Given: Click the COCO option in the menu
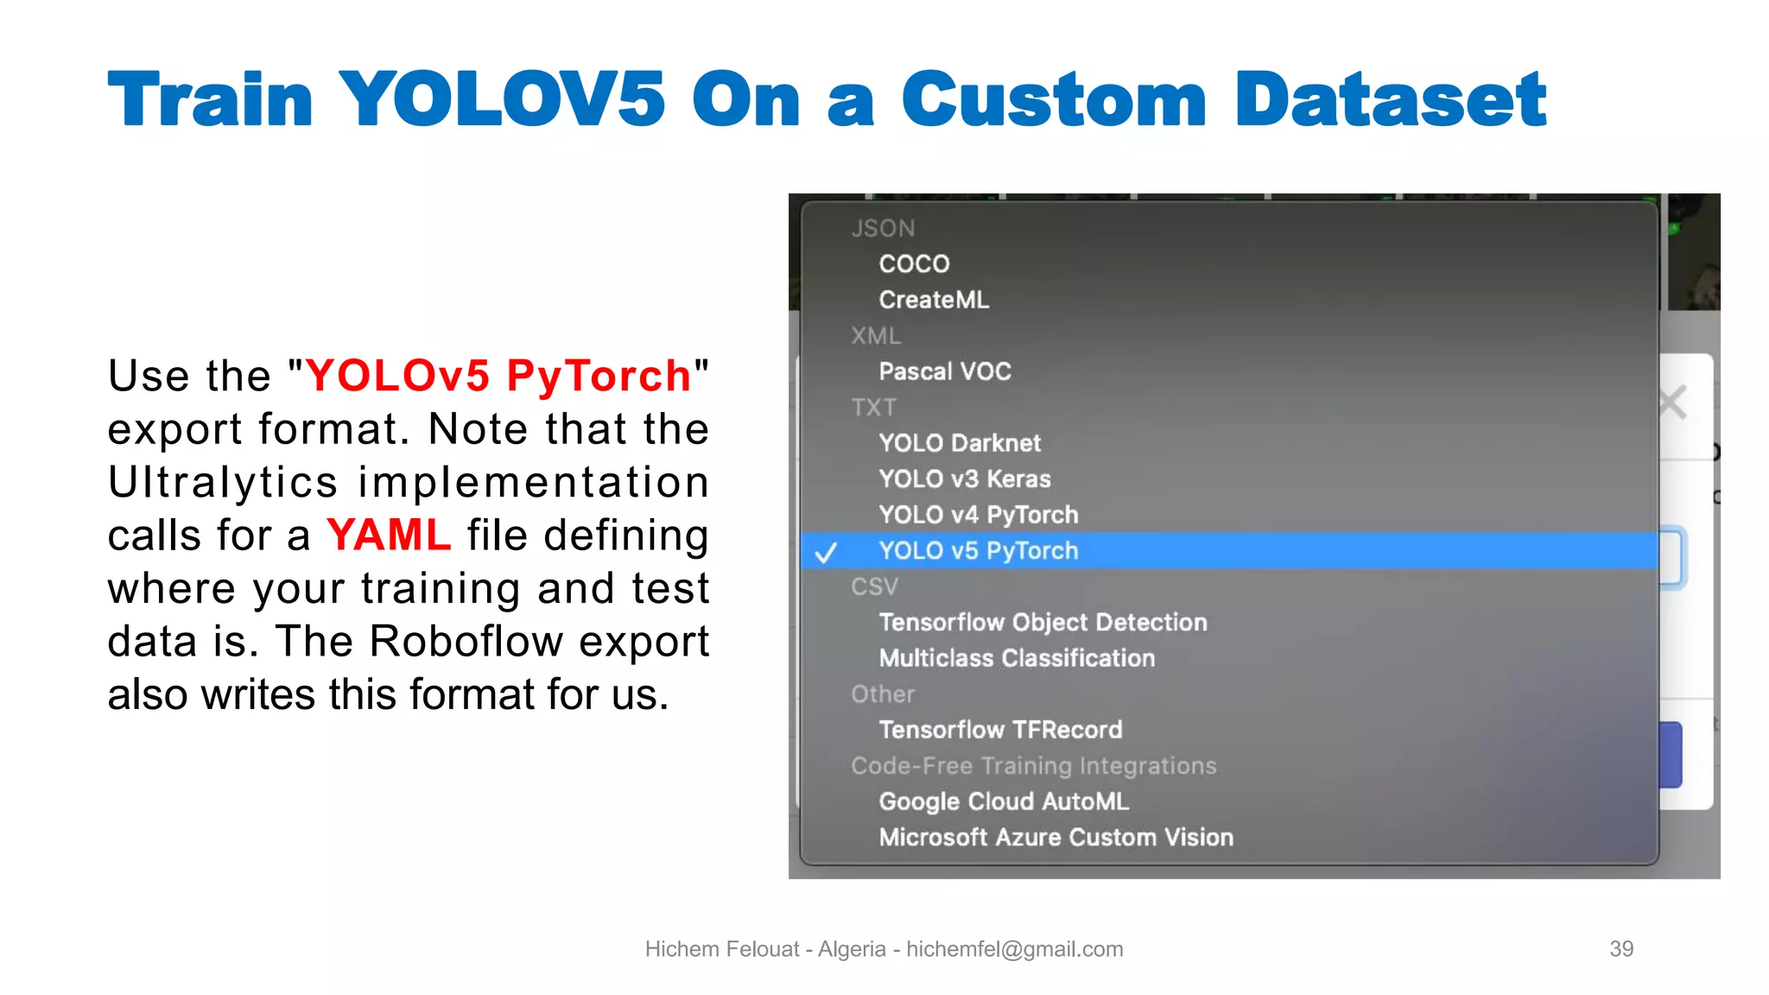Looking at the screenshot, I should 914,263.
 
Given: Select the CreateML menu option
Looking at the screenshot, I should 934,300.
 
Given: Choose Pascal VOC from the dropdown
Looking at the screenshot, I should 945,371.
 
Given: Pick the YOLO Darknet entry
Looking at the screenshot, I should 960,443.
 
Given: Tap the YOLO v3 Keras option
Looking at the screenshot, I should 965,478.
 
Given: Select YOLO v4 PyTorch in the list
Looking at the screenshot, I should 979,515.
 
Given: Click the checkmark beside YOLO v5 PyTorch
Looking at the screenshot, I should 827,552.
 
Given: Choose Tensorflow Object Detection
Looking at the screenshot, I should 1043,622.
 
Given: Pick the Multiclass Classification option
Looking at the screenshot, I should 1017,658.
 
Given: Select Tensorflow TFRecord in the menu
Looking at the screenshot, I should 1000,730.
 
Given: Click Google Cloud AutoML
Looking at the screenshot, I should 1004,802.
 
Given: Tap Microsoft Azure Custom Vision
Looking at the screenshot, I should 1056,837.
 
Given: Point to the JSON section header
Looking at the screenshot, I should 883,228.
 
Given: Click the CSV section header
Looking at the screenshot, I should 874,586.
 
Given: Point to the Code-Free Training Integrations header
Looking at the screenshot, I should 1033,765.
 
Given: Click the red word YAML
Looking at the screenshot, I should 389,535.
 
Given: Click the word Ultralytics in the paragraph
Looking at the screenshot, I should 223,482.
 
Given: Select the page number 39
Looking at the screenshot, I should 1621,948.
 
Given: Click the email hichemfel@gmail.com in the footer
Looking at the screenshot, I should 1014,948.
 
